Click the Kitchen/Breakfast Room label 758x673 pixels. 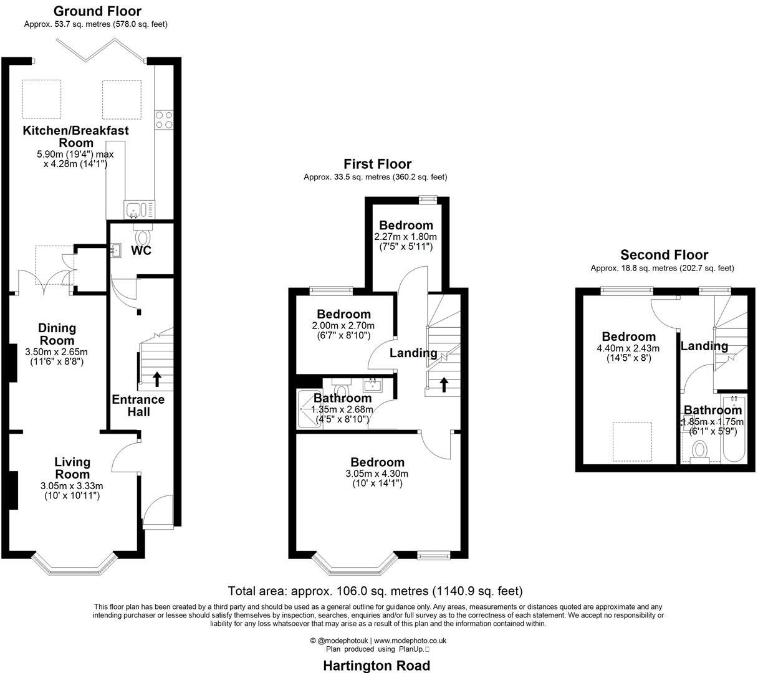75,136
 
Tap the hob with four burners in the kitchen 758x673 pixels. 164,119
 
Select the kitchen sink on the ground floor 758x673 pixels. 133,208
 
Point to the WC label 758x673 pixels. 141,251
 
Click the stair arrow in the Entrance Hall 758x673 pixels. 156,378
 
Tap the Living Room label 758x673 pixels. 72,468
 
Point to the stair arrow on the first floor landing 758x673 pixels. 443,384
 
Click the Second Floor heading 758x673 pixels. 664,255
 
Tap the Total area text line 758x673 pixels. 375,591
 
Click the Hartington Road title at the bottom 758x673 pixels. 376,666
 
